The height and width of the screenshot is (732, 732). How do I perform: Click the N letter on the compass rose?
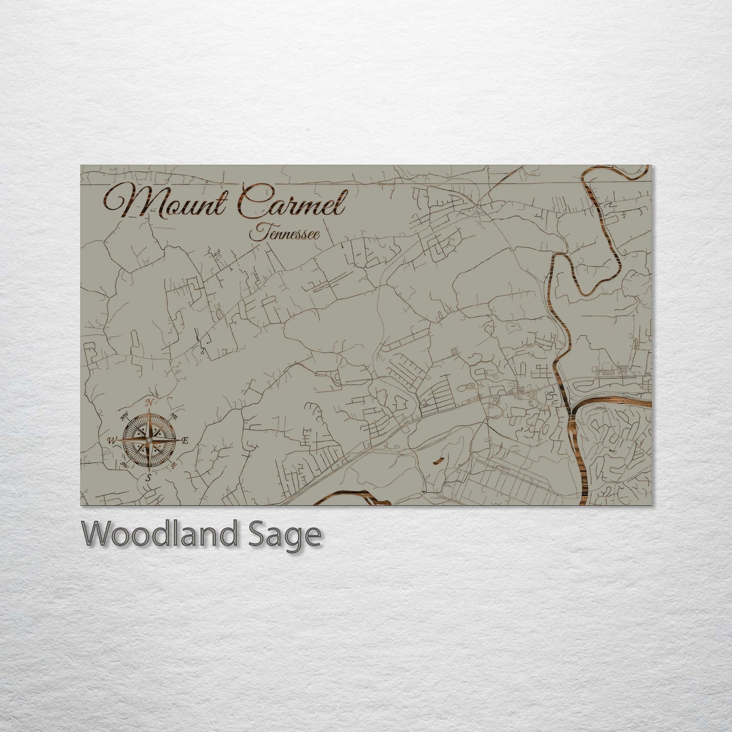click(x=149, y=403)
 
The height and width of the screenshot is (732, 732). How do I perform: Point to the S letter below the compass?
click(x=148, y=477)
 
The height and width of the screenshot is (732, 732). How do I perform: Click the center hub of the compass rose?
click(x=148, y=440)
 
